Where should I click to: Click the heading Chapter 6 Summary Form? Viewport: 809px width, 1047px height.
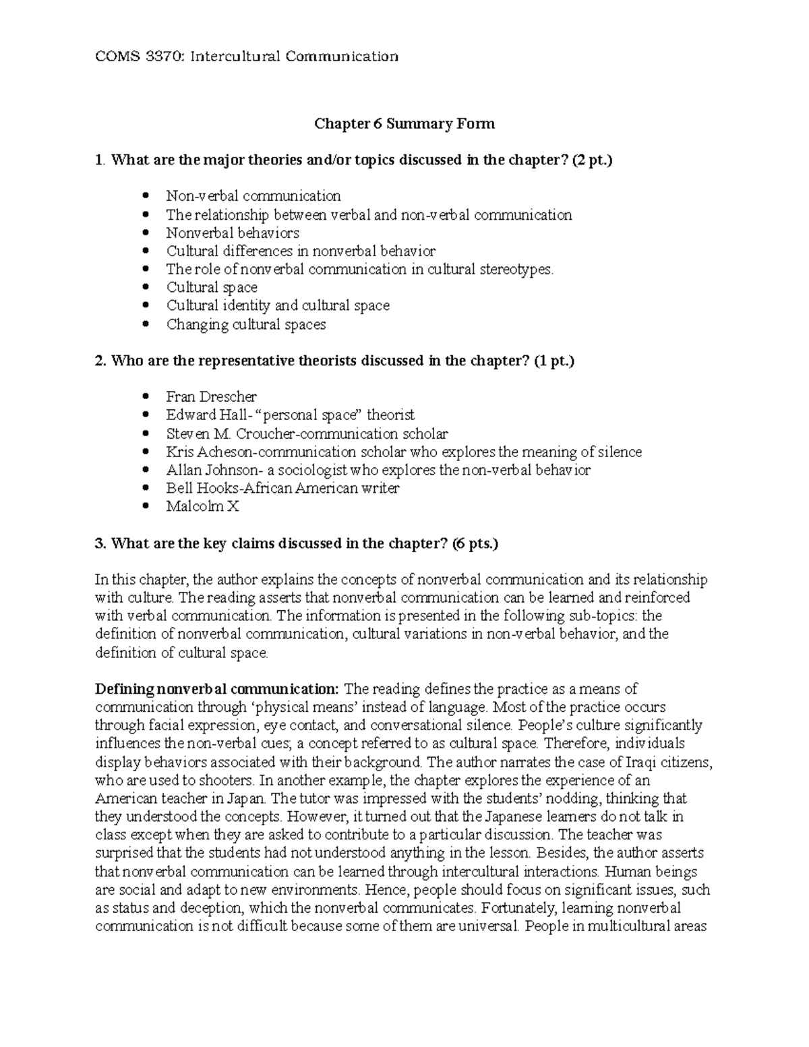[404, 124]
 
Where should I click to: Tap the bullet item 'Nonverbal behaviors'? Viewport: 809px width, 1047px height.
[233, 233]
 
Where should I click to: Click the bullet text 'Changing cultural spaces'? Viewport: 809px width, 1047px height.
[246, 324]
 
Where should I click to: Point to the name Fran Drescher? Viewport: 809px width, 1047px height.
[211, 397]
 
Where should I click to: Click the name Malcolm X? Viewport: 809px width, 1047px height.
[202, 506]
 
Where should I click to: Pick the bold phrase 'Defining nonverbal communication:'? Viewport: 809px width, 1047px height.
[217, 690]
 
